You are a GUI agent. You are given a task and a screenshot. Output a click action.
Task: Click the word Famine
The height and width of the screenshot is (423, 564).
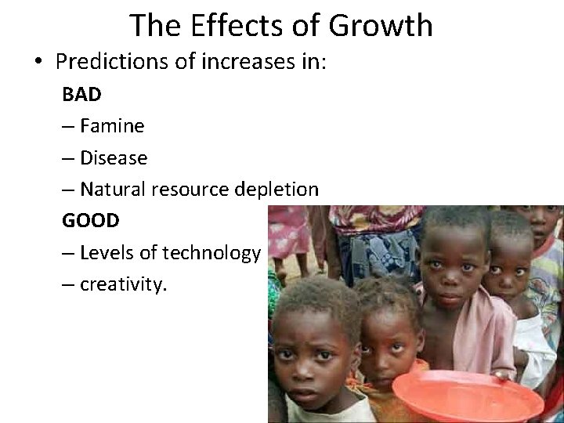coord(112,125)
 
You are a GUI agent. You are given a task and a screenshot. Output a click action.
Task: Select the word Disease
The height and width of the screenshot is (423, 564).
coord(114,157)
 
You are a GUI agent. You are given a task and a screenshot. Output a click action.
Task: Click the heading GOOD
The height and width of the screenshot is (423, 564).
coord(91,220)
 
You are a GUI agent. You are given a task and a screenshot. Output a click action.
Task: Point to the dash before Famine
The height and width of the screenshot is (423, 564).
coord(69,126)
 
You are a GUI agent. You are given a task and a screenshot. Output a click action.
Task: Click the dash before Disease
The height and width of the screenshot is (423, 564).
coord(69,158)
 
